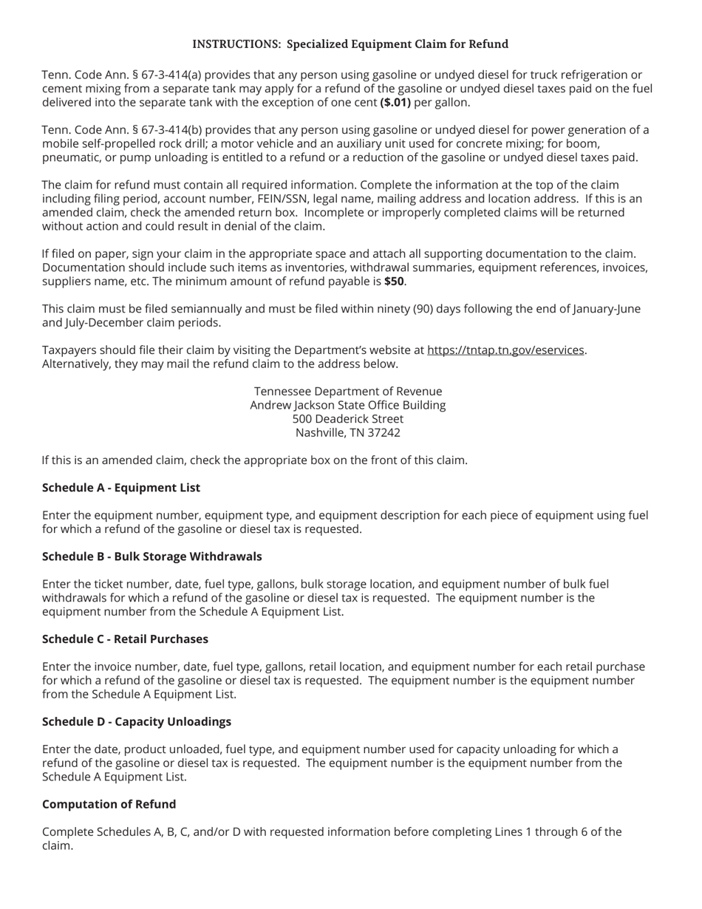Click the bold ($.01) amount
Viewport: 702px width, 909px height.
[x=395, y=103]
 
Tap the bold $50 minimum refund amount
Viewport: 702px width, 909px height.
[x=394, y=282]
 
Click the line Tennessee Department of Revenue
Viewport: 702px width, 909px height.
[x=348, y=392]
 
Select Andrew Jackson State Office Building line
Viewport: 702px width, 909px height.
[x=348, y=405]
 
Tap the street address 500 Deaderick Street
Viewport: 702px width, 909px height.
[x=348, y=419]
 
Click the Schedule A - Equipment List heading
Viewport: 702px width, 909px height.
[x=121, y=488]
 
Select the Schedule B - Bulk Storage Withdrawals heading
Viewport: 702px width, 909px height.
[x=151, y=556]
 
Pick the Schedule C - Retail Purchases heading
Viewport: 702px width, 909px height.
[x=125, y=639]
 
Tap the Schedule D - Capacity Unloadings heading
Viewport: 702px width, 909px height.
[x=137, y=722]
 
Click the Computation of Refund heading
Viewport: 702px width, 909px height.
[x=109, y=804]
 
